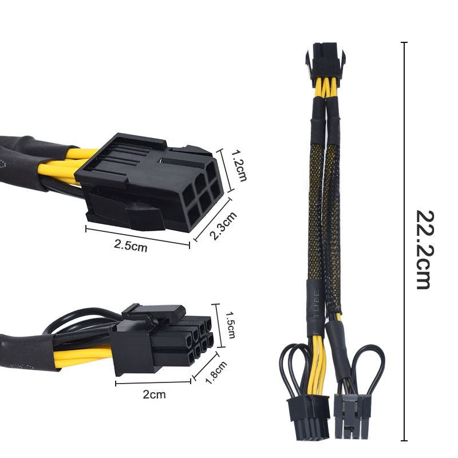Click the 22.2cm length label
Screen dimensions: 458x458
(424, 250)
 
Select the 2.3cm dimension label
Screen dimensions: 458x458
(223, 226)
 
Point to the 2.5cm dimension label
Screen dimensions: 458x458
(131, 246)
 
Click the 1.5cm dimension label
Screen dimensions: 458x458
(231, 325)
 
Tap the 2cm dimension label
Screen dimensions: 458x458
(154, 394)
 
